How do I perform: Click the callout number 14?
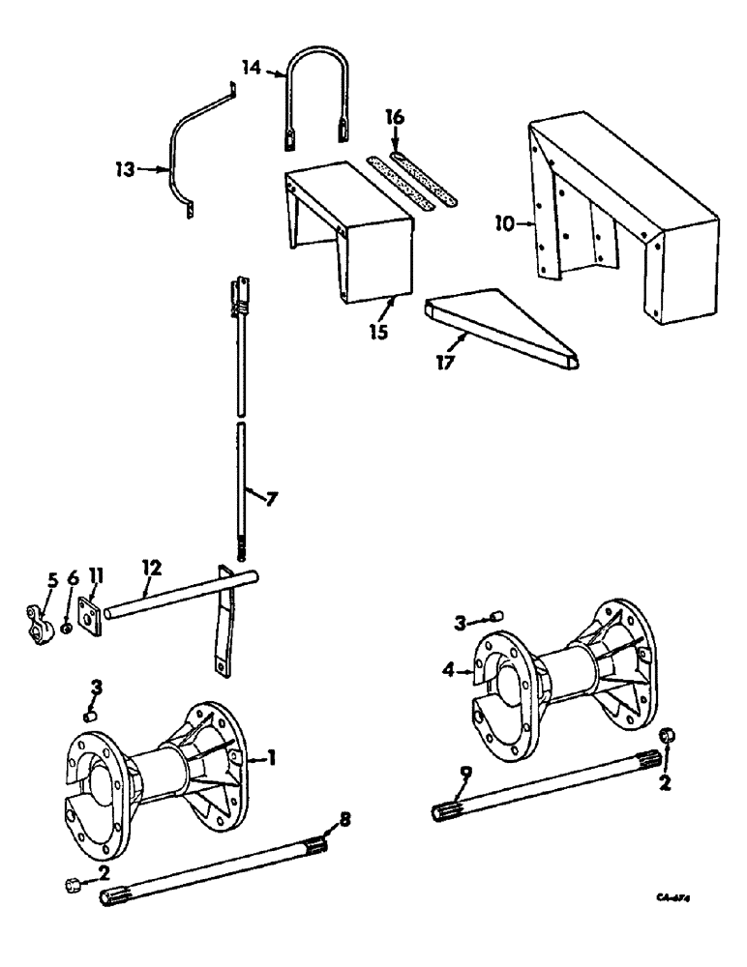tap(250, 68)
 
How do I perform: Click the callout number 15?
tap(378, 332)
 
